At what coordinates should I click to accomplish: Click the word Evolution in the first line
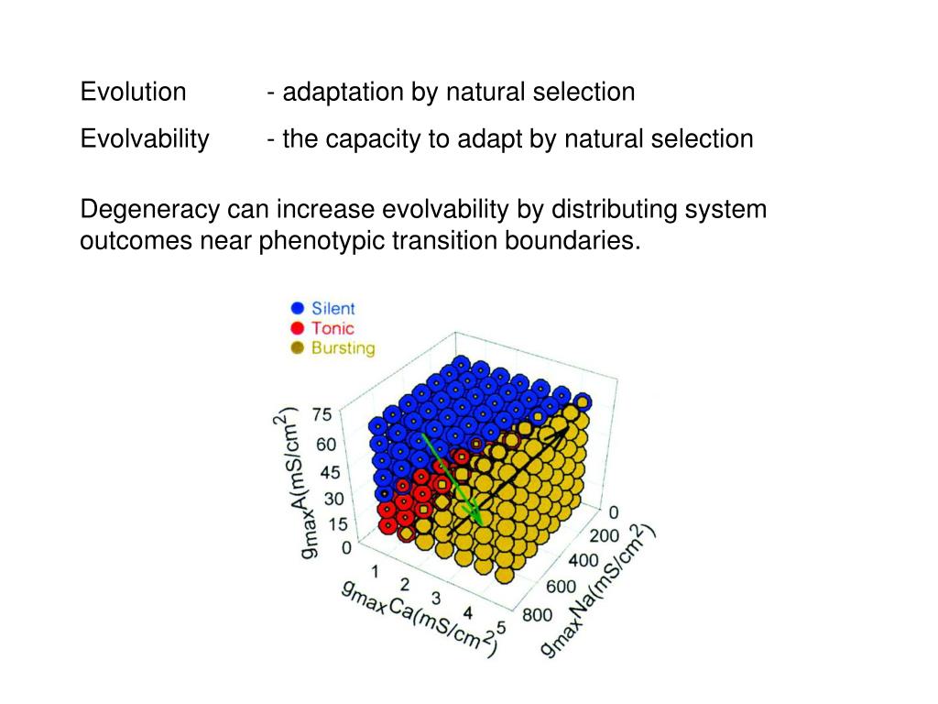[133, 93]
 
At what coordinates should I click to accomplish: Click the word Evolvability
[145, 139]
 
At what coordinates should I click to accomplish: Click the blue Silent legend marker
[297, 309]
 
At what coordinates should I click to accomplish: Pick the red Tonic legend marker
[297, 328]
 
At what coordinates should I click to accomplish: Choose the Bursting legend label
[343, 348]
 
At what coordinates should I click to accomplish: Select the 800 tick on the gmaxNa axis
[538, 615]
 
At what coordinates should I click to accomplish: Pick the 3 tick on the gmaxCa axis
[436, 598]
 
